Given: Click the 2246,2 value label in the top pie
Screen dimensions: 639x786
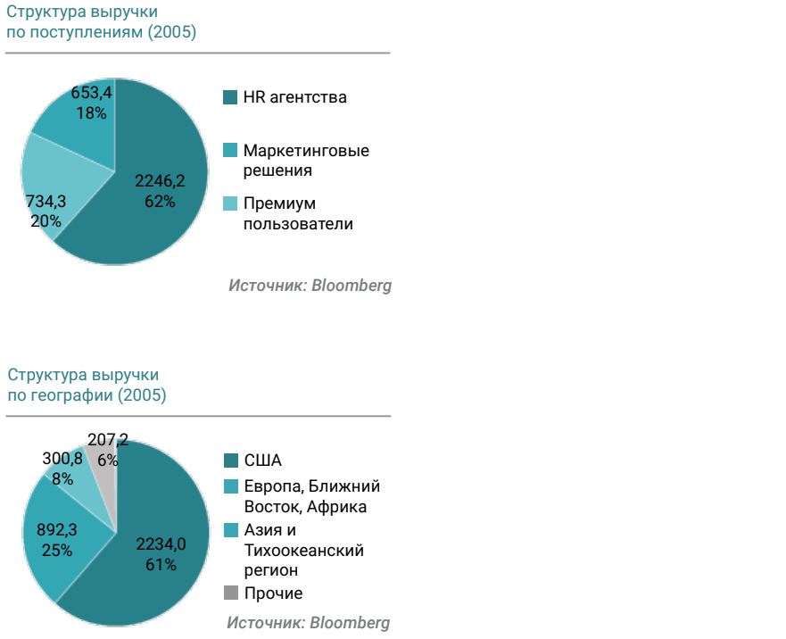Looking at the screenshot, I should (160, 181).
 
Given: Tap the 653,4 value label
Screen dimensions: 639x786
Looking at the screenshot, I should (92, 93).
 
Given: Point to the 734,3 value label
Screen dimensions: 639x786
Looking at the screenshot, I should (46, 202).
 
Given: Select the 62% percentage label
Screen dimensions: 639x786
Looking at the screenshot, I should (160, 202).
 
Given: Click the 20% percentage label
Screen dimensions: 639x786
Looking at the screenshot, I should (46, 221).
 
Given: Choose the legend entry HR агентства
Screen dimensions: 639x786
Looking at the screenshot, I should (294, 97).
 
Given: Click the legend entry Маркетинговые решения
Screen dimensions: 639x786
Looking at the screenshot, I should (305, 161).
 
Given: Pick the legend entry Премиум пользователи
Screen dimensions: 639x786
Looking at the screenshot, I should (297, 213).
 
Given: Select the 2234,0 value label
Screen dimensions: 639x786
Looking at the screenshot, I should (161, 544).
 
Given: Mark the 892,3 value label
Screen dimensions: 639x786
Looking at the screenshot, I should (56, 530).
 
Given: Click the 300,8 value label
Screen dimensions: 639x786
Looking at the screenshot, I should (62, 459).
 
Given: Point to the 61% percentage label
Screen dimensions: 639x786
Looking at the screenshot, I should (161, 565).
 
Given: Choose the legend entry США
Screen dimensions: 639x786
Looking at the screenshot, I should (262, 461).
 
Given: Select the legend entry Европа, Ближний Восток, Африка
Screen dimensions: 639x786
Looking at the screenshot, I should (311, 496).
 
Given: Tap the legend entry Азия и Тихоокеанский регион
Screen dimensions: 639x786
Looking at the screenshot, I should (303, 550).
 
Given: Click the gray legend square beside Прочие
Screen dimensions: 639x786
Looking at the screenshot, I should (231, 593).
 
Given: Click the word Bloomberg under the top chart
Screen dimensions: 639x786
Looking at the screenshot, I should (352, 286).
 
